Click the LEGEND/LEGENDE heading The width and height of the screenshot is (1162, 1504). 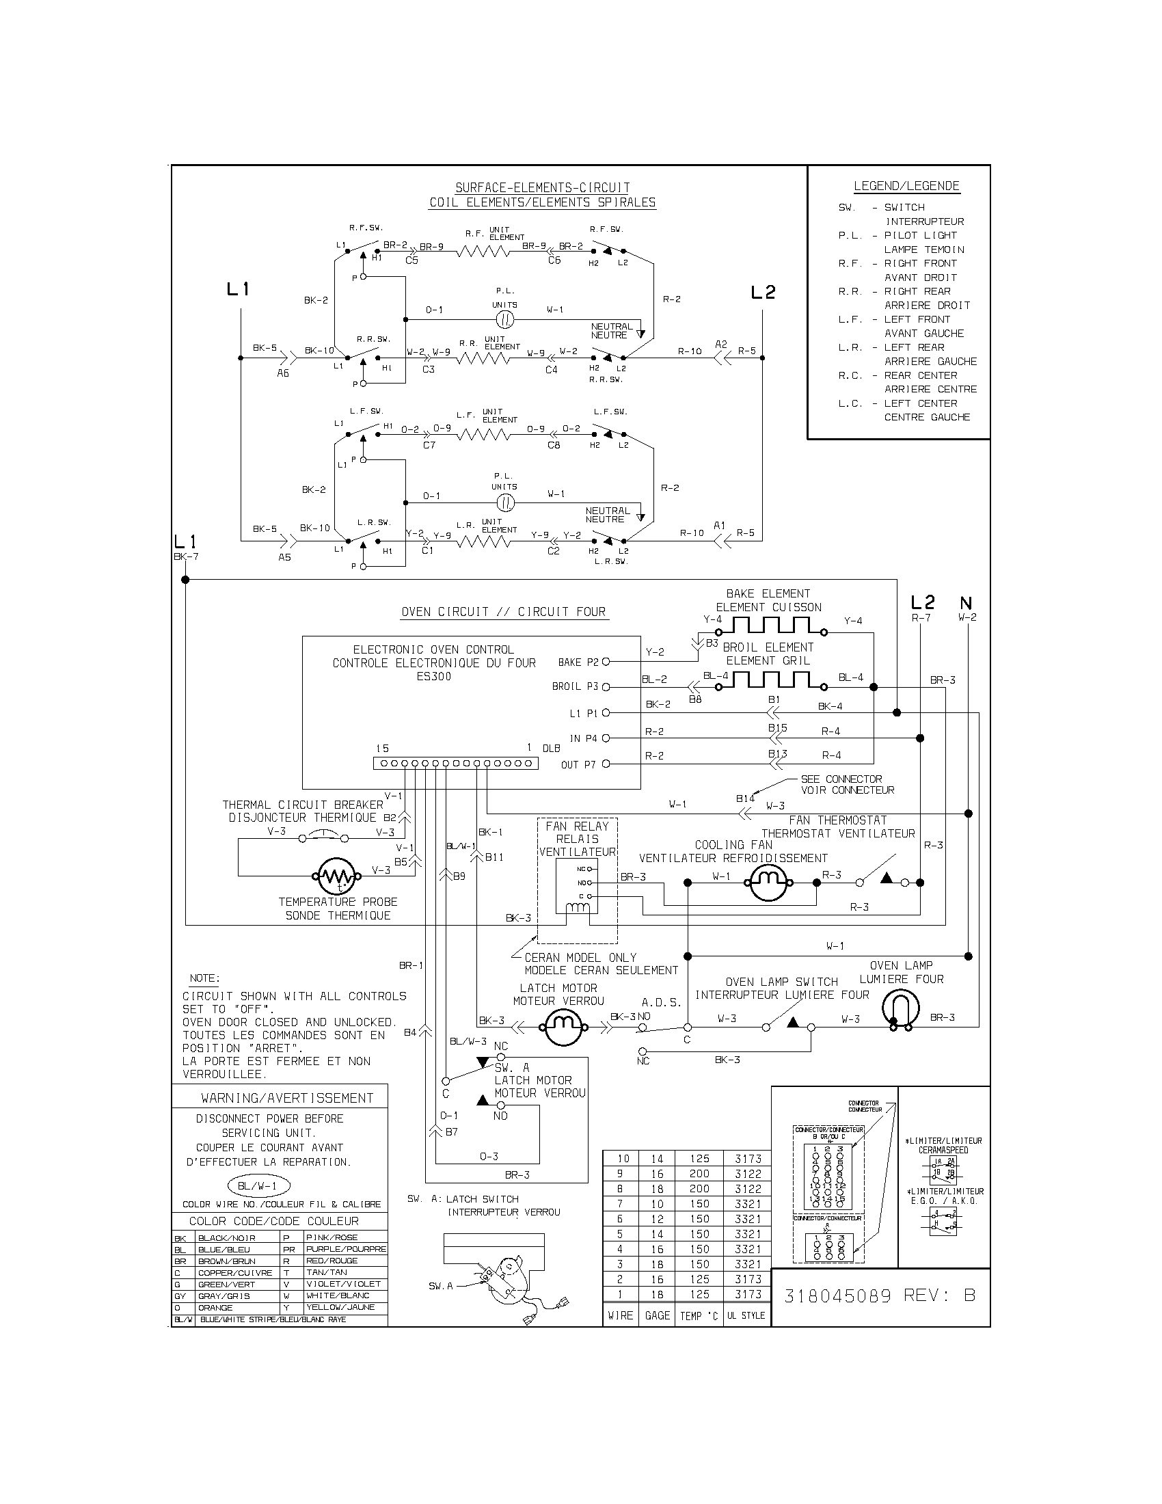(906, 186)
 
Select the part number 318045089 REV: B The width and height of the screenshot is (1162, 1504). (880, 1295)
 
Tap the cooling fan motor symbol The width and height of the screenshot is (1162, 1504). (768, 882)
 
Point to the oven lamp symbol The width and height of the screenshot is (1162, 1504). (900, 1010)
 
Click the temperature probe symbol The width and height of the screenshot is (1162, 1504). (336, 876)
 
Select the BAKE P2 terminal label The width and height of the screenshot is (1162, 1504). (578, 662)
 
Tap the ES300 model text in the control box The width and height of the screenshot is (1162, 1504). (433, 676)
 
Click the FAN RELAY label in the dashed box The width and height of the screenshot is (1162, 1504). (577, 827)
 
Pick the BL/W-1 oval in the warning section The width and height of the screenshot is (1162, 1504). (258, 1186)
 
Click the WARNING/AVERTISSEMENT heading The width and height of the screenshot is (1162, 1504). (286, 1099)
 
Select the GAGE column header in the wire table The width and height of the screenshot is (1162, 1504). (657, 1316)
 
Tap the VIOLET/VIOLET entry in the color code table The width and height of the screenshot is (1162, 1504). (343, 1284)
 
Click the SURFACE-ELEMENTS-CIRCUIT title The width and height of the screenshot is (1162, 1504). (543, 187)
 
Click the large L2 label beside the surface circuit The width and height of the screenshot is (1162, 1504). (763, 293)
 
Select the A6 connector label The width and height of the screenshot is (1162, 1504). (283, 373)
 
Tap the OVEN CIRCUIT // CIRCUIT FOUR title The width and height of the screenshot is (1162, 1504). (503, 612)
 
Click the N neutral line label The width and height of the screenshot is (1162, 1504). (965, 604)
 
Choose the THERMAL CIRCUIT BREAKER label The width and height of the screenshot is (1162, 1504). (302, 805)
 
